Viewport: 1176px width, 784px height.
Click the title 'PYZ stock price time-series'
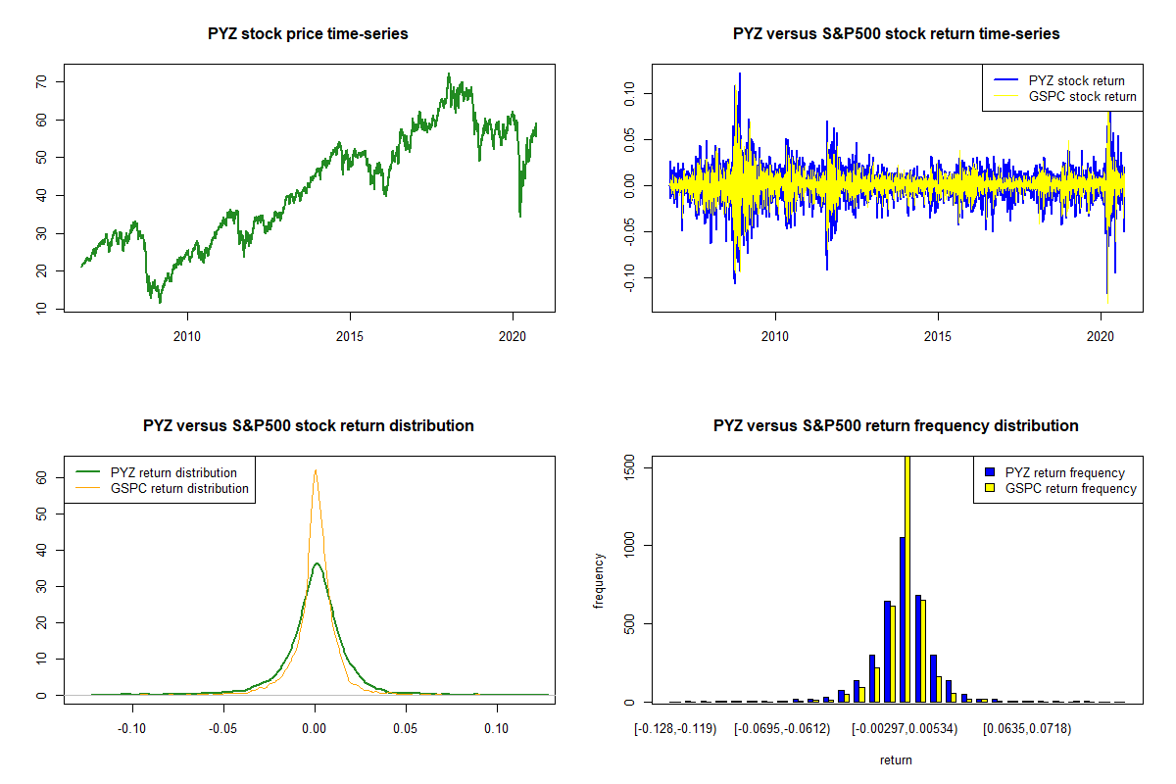pos(308,34)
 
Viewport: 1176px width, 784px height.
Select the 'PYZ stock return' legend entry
pos(1076,80)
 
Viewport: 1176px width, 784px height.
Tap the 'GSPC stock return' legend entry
pos(1082,96)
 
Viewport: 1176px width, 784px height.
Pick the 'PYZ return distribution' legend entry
pos(173,472)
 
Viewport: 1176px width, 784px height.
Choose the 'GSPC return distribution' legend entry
pos(179,488)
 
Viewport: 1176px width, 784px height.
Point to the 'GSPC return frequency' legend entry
pos(1071,488)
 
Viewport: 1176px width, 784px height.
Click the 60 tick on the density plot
pos(41,477)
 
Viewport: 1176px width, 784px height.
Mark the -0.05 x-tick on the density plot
pos(223,729)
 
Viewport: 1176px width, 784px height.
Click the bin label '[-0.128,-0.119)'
pos(675,729)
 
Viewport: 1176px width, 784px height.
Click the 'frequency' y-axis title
pos(600,581)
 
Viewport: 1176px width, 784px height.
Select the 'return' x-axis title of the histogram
pos(896,759)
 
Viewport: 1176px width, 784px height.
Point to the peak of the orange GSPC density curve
pos(316,470)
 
